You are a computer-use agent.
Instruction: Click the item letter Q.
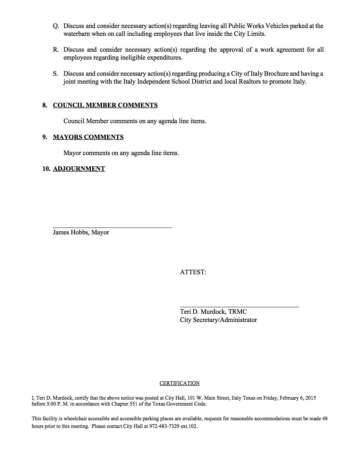click(56, 26)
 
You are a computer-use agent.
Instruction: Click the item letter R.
click(56, 50)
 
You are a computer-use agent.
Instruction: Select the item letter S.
click(56, 74)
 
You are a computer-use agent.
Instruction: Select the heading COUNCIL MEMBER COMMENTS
click(105, 105)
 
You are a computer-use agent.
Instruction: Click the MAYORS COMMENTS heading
click(88, 137)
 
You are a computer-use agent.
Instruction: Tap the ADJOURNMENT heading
click(79, 169)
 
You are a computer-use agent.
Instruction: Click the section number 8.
click(45, 105)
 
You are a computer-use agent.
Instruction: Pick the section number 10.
click(46, 169)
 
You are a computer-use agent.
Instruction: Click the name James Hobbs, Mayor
click(81, 232)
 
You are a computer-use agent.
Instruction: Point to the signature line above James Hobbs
click(112, 227)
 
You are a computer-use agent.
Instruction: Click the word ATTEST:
click(193, 272)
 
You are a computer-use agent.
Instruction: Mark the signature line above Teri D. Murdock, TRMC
click(239, 306)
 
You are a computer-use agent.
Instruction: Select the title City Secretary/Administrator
click(219, 320)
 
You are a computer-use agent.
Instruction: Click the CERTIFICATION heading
click(180, 383)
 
